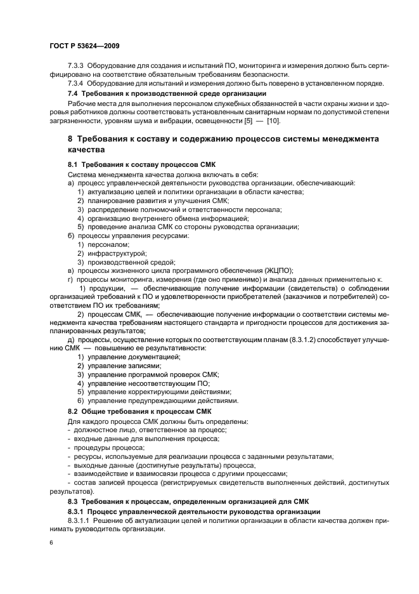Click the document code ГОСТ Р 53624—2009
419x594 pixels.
[x=84, y=46]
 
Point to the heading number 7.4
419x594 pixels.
[x=73, y=94]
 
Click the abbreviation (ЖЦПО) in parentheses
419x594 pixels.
[x=274, y=270]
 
